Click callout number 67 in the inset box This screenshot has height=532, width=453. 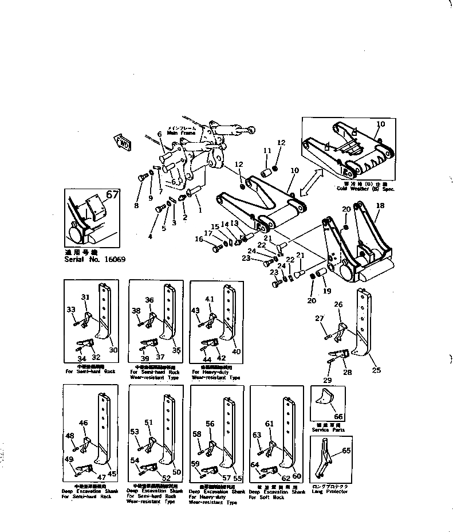click(112, 195)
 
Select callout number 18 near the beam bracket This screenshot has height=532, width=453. click(380, 206)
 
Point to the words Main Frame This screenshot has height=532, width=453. click(177, 132)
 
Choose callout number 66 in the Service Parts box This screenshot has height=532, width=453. click(338, 416)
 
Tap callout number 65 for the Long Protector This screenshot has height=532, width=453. click(346, 451)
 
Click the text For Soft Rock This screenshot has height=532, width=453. click(267, 497)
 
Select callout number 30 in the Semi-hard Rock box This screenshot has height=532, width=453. click(113, 350)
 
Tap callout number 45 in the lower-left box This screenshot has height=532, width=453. click(112, 474)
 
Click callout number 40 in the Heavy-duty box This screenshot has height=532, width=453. click(237, 351)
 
